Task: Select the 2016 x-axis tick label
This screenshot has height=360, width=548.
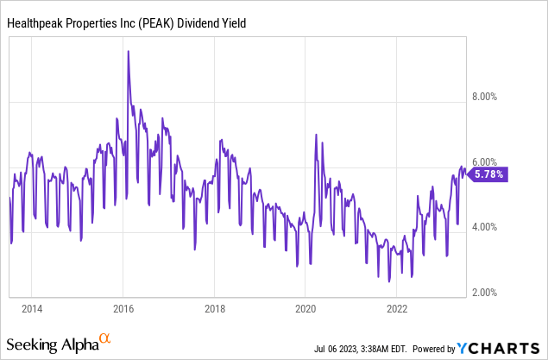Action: tap(123, 308)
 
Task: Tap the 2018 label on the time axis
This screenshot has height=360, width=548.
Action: tap(214, 308)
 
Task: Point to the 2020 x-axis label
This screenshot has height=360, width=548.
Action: tap(305, 308)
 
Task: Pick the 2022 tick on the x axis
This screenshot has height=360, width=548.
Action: tap(397, 308)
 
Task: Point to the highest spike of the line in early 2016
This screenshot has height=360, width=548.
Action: tap(129, 52)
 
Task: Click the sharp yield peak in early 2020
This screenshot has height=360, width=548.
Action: tap(316, 135)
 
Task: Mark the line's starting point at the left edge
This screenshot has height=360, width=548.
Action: tap(9, 199)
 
